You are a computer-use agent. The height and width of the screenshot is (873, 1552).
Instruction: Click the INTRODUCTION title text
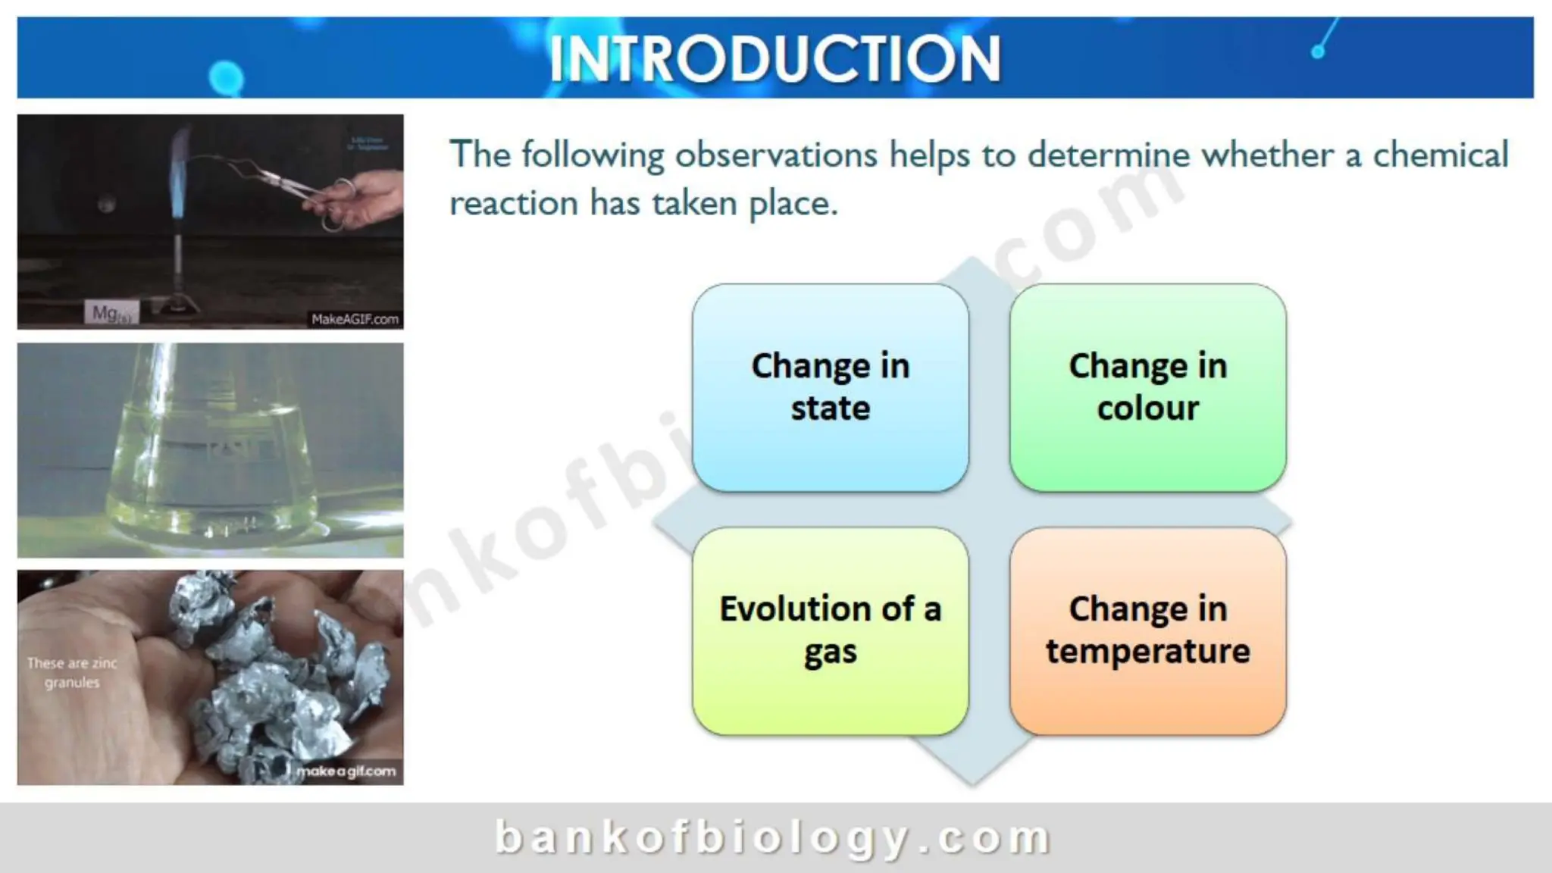(x=774, y=59)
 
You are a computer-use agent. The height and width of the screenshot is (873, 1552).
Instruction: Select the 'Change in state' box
(x=830, y=387)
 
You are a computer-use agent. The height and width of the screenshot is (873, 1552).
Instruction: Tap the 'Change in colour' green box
(x=1147, y=387)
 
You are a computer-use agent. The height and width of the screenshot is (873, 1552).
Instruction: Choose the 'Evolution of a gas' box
(x=830, y=630)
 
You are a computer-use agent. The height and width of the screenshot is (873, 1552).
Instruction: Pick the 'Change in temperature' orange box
(x=1147, y=630)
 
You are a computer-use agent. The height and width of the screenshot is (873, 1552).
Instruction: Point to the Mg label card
(x=111, y=312)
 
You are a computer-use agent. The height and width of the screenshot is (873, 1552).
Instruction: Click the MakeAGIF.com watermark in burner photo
(x=355, y=319)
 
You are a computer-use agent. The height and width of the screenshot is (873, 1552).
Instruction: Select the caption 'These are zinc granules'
(x=72, y=673)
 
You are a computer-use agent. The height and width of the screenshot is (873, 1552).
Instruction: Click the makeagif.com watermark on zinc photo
(x=346, y=771)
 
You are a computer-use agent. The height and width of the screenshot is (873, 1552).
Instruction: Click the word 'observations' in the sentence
(x=776, y=155)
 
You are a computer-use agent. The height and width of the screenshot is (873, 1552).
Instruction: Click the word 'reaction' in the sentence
(x=514, y=203)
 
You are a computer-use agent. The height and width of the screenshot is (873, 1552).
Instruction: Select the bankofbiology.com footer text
(x=773, y=837)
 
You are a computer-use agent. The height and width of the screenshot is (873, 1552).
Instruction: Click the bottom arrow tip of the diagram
(x=972, y=777)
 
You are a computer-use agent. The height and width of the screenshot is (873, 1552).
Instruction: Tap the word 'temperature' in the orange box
(x=1147, y=652)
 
